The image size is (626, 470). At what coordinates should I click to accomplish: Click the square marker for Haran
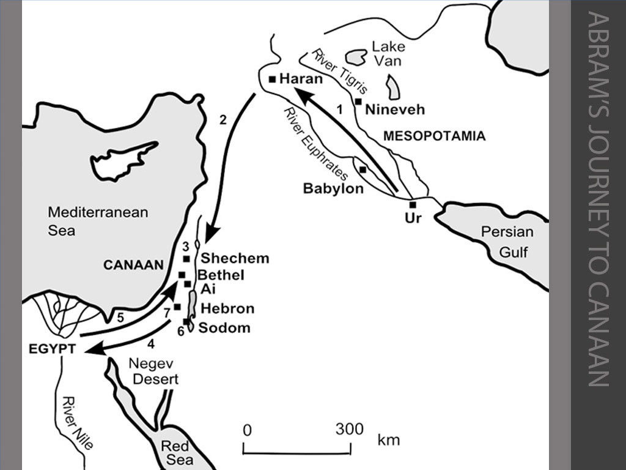[x=273, y=79]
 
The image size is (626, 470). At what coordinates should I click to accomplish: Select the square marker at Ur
[x=413, y=205]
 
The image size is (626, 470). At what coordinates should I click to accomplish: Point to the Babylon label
[x=333, y=189]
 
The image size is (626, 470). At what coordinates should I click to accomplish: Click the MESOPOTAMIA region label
[x=434, y=136]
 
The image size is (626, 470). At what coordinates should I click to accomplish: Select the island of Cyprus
[x=122, y=160]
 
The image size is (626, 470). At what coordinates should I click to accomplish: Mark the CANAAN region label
[x=133, y=265]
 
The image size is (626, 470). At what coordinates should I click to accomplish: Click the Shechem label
[x=235, y=258]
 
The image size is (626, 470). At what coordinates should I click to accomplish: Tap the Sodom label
[x=224, y=328]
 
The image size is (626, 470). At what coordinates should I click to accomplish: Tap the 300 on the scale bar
[x=350, y=429]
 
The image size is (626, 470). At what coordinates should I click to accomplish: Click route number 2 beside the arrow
[x=223, y=120]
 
